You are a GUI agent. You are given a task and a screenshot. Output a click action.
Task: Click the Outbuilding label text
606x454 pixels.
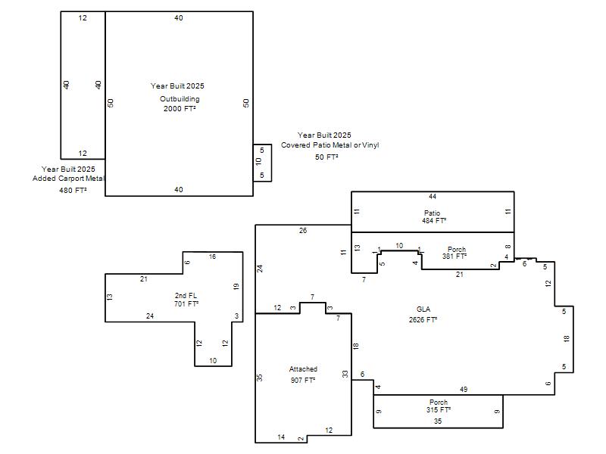coord(180,99)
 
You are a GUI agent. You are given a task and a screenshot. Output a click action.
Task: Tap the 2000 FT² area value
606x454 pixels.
coord(180,108)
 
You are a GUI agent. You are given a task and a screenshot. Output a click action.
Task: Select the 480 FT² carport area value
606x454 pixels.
coord(73,191)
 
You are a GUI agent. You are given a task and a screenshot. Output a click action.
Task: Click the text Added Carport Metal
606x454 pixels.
coord(68,179)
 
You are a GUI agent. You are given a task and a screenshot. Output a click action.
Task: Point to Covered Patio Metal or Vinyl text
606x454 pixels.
coord(330,145)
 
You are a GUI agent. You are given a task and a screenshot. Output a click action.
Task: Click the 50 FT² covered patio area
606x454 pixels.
coord(326,157)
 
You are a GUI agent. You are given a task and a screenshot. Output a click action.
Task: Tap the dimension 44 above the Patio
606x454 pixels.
coord(433,197)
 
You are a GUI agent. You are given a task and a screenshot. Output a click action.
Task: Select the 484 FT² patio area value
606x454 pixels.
coord(434,221)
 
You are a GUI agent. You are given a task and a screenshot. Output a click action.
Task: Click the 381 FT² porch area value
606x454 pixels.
coord(454,256)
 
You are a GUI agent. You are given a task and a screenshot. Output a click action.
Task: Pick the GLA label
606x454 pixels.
coord(423,309)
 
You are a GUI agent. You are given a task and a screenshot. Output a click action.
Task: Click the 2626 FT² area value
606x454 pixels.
coord(423,319)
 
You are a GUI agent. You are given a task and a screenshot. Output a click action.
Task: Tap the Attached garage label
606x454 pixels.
coord(303,369)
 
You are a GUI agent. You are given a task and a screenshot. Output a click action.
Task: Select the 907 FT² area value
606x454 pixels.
coord(303,381)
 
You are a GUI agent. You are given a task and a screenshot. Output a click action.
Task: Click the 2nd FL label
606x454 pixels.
coord(186,296)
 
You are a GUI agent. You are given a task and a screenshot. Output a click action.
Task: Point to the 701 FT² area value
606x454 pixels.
coord(186,304)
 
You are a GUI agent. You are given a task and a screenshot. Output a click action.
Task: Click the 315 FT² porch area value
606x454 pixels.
coord(439,410)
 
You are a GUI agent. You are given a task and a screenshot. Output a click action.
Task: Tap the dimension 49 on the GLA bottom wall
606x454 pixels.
coord(464,390)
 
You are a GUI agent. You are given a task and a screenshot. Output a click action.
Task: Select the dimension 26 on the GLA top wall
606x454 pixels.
coord(303,231)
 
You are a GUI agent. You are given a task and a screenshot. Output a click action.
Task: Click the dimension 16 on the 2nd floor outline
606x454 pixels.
coord(212,257)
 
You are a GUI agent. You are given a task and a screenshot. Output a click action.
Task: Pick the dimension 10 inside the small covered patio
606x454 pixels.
coord(258,161)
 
